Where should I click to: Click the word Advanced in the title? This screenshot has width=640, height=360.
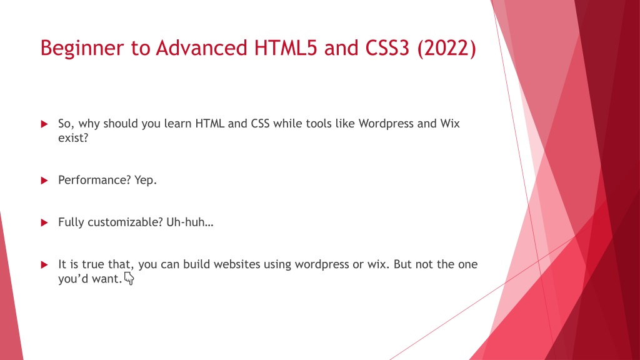200,48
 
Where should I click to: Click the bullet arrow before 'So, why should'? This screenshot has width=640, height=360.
44,124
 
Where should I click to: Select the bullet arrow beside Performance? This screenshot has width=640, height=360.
44,181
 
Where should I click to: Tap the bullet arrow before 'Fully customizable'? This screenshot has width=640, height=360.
44,222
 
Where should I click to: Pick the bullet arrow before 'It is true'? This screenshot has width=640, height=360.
44,264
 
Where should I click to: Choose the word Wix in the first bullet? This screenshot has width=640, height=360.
449,124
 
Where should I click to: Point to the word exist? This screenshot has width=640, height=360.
73,138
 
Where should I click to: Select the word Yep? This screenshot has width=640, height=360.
146,181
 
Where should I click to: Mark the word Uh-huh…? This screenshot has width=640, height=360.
190,222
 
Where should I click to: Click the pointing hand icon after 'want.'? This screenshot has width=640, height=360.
129,280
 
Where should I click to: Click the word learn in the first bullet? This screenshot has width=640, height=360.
178,124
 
